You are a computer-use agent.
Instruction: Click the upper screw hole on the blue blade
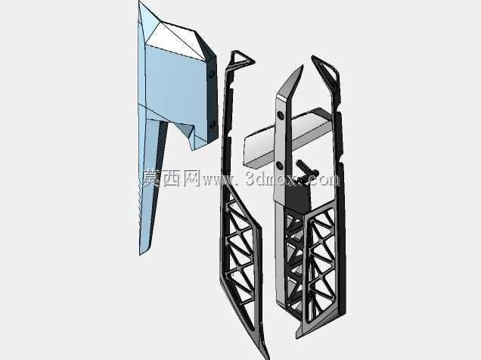[x=211, y=75]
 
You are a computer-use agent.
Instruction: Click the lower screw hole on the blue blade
[x=213, y=125]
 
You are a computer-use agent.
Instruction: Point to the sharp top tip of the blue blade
[x=139, y=2]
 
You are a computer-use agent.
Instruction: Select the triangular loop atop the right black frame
[x=326, y=70]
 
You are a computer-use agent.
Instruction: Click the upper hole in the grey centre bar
[x=280, y=116]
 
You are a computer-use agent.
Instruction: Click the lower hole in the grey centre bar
[x=279, y=166]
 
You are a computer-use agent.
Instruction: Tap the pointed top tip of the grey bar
[x=303, y=66]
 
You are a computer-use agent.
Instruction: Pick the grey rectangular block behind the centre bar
[x=287, y=138]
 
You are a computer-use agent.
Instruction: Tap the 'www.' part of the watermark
[x=220, y=181]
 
